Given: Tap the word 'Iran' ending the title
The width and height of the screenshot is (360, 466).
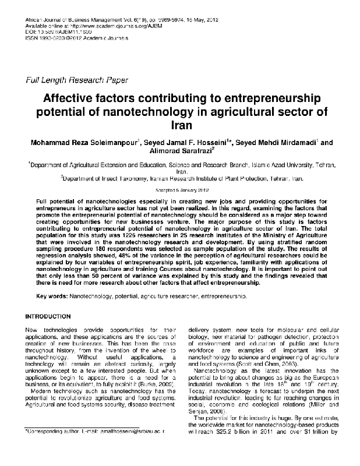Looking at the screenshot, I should pos(179,125).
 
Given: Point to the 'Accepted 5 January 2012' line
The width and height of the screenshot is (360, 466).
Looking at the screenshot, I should pos(179,190).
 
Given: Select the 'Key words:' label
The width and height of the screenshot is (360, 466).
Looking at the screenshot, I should pos(52,296).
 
